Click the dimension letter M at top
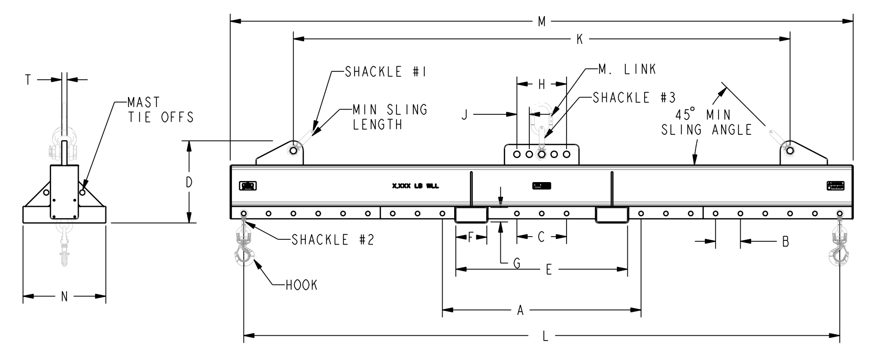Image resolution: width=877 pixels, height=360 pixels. (542, 22)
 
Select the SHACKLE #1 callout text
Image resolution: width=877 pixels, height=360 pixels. (384, 72)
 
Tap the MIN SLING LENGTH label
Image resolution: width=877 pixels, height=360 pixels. (389, 117)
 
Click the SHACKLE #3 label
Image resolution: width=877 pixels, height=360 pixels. (634, 97)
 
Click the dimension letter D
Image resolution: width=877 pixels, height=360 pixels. (189, 182)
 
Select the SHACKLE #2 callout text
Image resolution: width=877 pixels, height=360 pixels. (333, 240)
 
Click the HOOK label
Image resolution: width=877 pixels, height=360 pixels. (302, 285)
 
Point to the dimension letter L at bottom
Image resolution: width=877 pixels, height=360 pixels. (546, 336)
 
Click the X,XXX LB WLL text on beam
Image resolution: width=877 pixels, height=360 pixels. (415, 186)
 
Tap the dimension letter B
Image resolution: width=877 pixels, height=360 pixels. (785, 241)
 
